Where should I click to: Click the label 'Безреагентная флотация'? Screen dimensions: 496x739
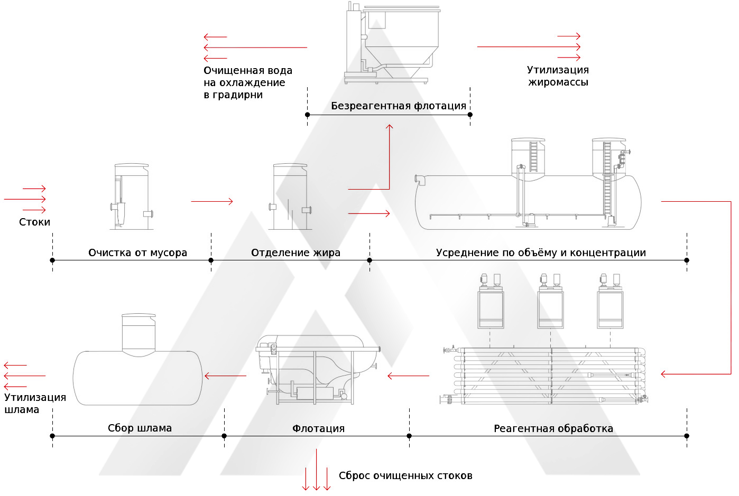click(x=398, y=106)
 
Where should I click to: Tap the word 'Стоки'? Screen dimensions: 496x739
click(x=34, y=222)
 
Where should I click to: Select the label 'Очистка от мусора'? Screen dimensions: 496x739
click(x=137, y=252)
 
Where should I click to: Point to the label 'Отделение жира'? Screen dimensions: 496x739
click(x=295, y=252)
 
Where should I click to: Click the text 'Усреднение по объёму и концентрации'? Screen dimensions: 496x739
click(x=540, y=252)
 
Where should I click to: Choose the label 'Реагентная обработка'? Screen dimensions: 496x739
click(x=553, y=428)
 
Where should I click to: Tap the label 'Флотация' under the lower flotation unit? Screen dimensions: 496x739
click(x=318, y=428)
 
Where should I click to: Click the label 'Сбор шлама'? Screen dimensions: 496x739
click(x=140, y=428)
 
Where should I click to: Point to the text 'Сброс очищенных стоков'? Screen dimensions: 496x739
click(x=405, y=475)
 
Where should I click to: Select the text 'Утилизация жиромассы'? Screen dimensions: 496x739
click(x=558, y=76)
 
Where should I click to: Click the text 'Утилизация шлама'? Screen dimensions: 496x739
click(x=35, y=403)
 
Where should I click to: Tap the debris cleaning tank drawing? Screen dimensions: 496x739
click(x=131, y=196)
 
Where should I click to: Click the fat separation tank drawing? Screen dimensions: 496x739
click(x=290, y=196)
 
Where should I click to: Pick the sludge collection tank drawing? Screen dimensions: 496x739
click(x=138, y=364)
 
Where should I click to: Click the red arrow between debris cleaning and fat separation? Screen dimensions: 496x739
click(x=211, y=201)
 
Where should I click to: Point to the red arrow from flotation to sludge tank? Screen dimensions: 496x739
click(x=225, y=376)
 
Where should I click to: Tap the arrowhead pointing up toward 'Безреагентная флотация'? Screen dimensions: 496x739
click(x=390, y=127)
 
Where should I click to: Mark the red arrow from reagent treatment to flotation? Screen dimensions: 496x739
click(x=408, y=376)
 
